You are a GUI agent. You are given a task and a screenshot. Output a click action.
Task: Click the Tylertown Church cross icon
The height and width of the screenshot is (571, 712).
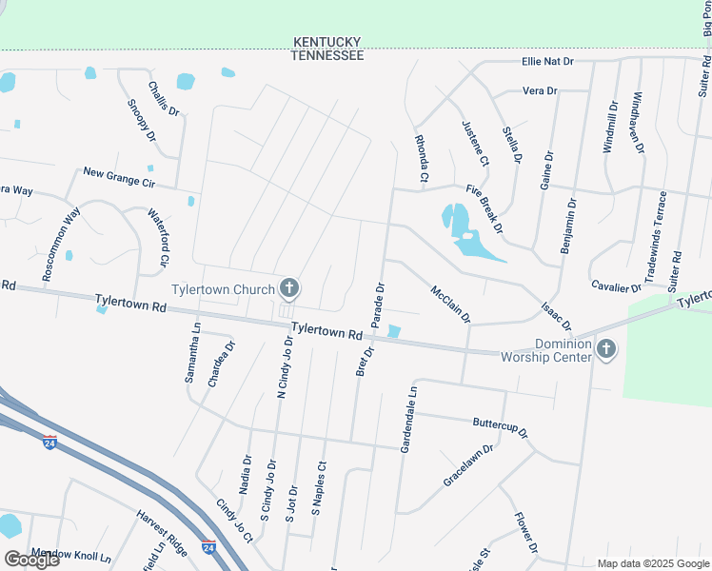[289, 288]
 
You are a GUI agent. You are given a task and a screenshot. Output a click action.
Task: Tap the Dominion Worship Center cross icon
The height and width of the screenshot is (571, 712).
[604, 351]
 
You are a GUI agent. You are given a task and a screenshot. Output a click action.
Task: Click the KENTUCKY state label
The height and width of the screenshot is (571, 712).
[327, 43]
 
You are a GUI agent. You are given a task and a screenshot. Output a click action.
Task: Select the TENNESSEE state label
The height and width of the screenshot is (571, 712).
[327, 56]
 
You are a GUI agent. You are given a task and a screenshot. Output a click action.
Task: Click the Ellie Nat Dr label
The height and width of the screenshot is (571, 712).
[547, 62]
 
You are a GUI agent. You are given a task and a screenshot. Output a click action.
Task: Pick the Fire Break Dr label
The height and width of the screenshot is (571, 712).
[484, 209]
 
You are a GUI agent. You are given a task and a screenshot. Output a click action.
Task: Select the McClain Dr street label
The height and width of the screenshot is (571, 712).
[451, 304]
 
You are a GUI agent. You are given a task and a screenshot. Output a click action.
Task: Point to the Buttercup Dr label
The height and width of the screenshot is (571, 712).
[500, 426]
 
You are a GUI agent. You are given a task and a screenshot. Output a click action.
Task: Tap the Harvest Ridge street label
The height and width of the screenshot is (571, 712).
[161, 531]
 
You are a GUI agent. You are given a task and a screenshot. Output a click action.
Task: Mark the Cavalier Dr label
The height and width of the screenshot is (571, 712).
[616, 286]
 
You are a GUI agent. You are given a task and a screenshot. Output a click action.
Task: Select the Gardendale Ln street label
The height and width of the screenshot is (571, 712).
[407, 419]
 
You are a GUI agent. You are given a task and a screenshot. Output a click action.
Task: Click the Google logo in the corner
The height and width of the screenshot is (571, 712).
[31, 560]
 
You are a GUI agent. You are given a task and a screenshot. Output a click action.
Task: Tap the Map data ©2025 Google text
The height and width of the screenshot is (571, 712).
[652, 562]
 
